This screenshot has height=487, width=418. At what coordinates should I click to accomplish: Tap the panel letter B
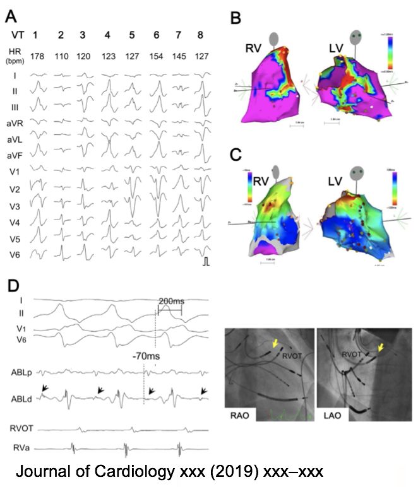(236, 18)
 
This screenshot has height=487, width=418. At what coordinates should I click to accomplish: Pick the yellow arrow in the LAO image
(379, 347)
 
